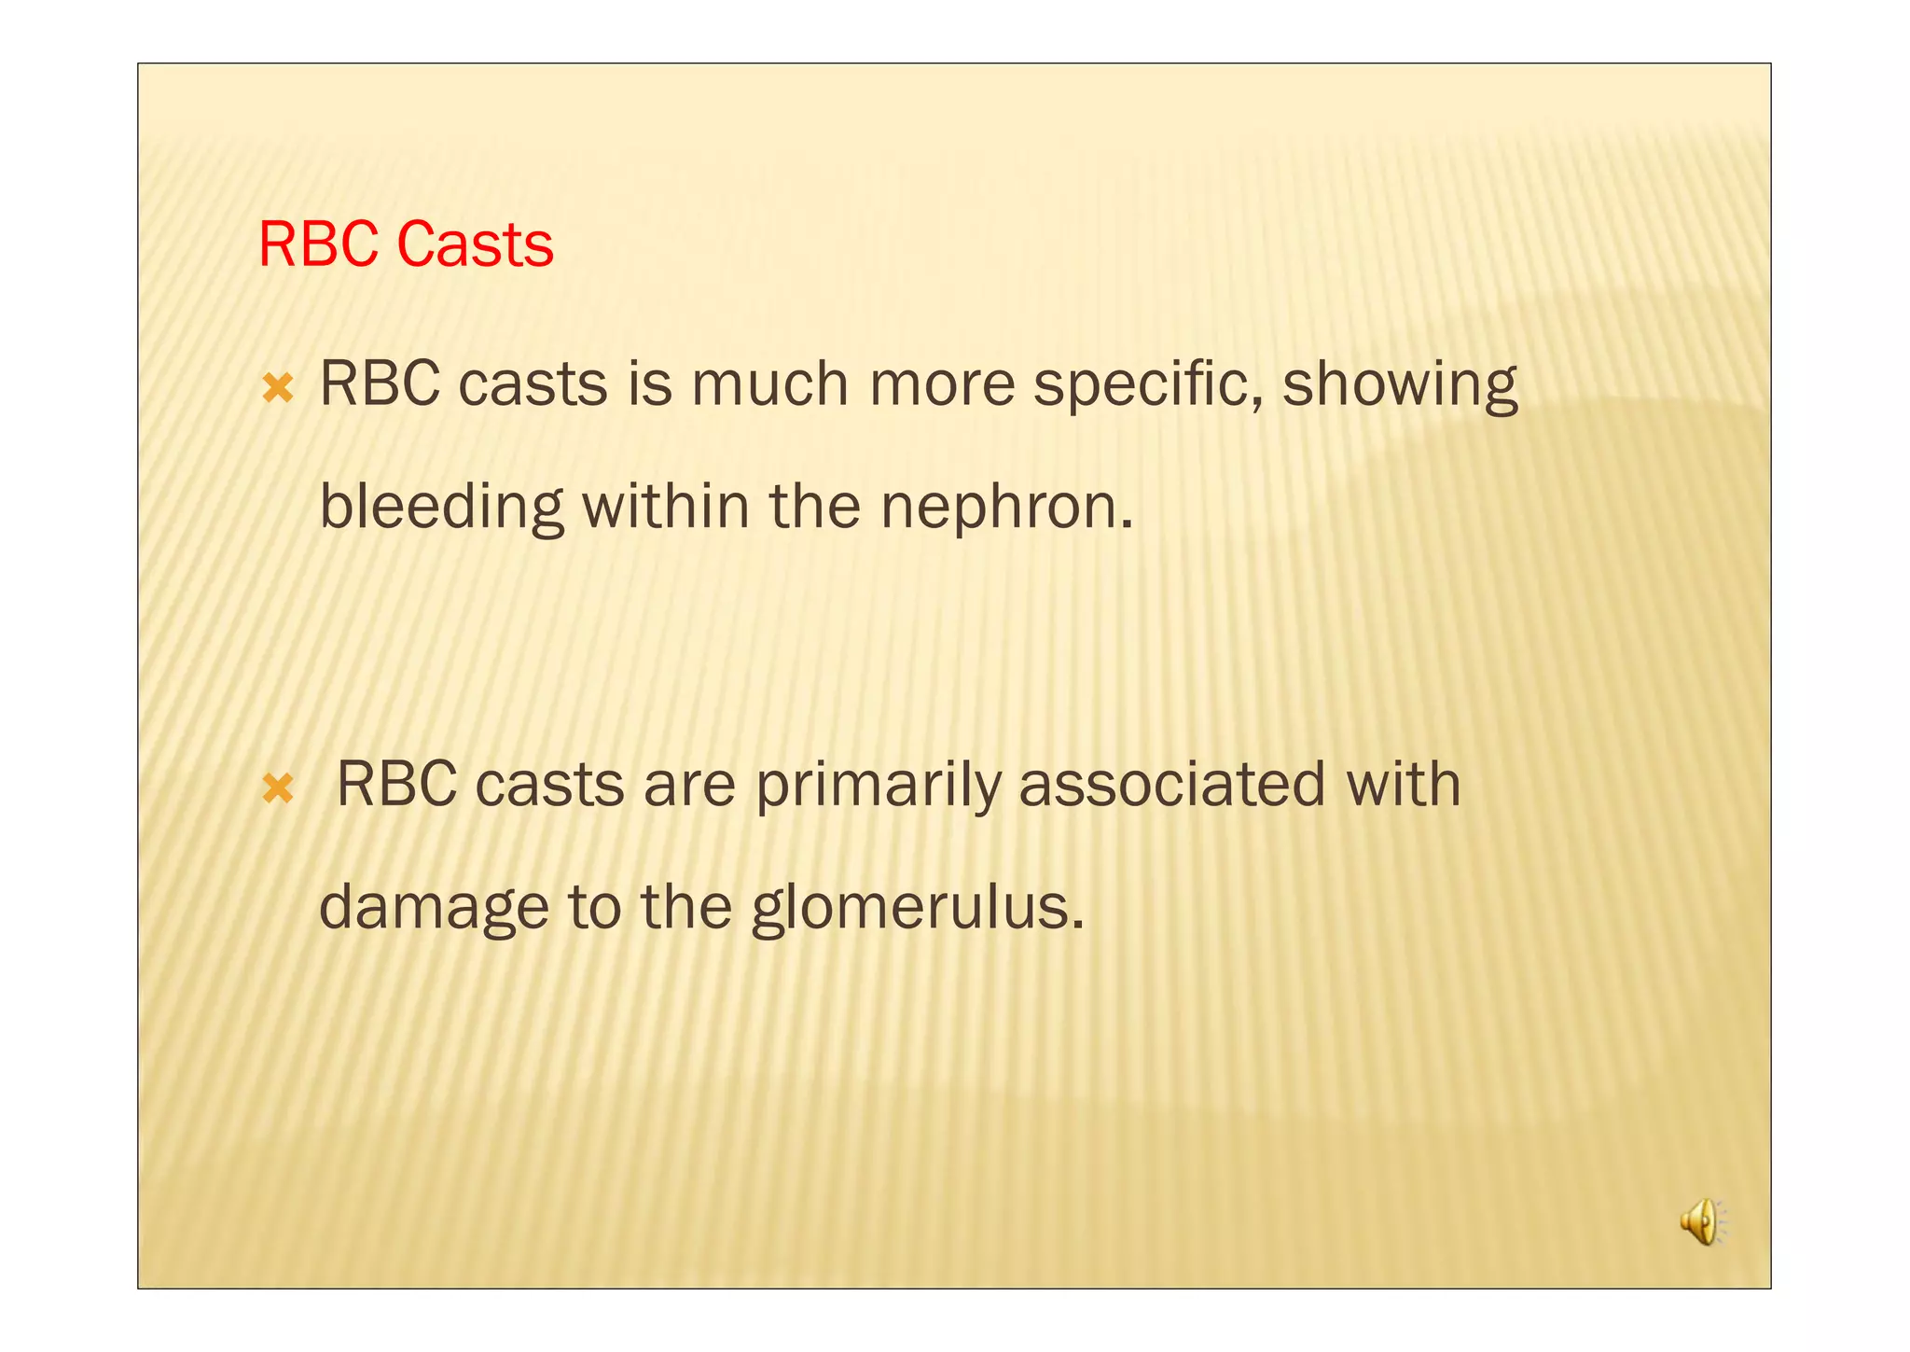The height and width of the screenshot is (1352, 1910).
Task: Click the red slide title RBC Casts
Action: (x=406, y=244)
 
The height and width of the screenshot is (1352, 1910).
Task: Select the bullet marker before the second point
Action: (x=278, y=789)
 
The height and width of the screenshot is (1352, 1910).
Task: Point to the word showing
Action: (x=1399, y=384)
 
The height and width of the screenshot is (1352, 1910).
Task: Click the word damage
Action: (x=434, y=908)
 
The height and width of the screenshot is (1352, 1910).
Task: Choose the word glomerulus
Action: (x=918, y=908)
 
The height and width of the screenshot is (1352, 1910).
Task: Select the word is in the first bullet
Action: (x=649, y=383)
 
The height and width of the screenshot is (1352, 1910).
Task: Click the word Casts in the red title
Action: (x=475, y=244)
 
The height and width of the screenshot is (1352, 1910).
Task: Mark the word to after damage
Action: (x=594, y=908)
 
